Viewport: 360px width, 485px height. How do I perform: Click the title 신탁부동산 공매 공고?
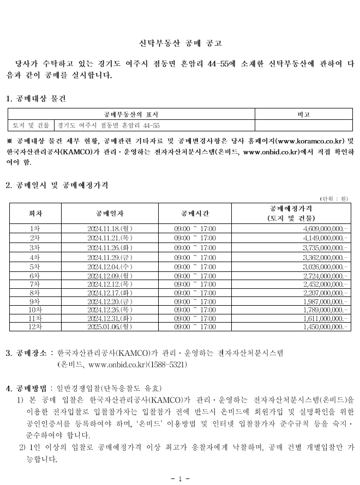point(179,42)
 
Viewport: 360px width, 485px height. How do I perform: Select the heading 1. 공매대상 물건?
point(35,99)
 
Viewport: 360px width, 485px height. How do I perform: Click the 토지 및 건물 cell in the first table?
point(31,125)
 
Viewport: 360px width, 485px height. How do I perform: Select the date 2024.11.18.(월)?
point(110,228)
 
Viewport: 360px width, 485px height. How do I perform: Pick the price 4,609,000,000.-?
point(325,228)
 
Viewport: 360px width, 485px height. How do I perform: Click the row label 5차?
point(35,267)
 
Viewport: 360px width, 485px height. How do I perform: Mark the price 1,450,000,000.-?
point(325,326)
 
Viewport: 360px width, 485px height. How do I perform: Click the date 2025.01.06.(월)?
point(110,326)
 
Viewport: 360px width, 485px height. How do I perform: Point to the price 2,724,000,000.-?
point(325,277)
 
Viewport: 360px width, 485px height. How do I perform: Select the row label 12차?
point(35,326)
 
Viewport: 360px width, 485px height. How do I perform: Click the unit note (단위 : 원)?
point(334,198)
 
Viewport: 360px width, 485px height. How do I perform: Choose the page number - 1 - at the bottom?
point(179,478)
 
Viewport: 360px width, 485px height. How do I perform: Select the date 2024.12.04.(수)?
point(110,267)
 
